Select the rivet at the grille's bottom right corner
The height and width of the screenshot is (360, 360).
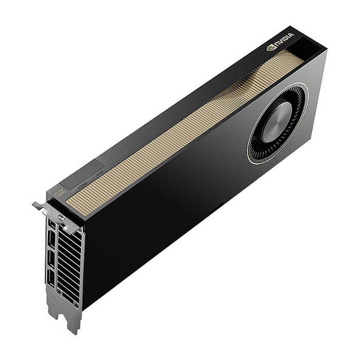[x=77, y=304]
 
